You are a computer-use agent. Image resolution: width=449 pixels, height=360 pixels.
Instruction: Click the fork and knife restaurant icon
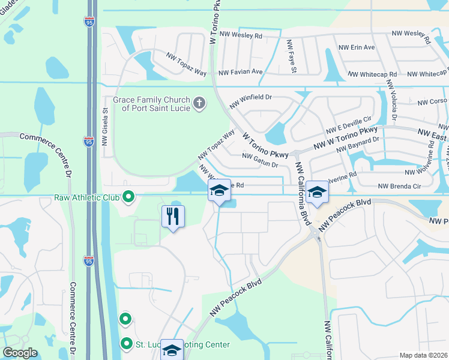[x=173, y=216]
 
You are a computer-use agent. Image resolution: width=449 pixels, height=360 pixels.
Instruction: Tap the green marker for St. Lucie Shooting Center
[x=126, y=344]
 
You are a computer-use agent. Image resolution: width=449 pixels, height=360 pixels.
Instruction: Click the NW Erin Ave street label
[x=357, y=47]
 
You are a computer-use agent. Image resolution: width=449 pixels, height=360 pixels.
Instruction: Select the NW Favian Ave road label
[x=241, y=72]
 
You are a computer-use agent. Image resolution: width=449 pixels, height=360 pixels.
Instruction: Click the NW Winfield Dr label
[x=251, y=101]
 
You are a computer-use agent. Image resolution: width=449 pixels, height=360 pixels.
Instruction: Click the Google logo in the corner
[x=20, y=352]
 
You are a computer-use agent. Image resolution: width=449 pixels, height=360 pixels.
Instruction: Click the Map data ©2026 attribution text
[x=423, y=355]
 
